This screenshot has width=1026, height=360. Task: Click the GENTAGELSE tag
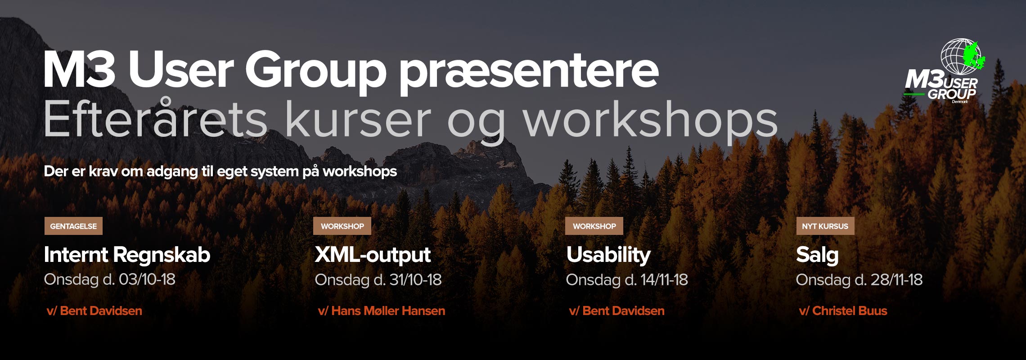pyautogui.click(x=73, y=226)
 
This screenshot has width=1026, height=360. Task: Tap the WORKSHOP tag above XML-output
pyautogui.click(x=342, y=226)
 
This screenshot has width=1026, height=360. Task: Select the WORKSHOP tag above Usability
pyautogui.click(x=594, y=226)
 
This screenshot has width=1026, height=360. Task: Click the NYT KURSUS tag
pyautogui.click(x=825, y=226)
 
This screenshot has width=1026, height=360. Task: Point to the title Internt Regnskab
pyautogui.click(x=127, y=255)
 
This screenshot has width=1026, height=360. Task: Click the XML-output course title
pyautogui.click(x=373, y=255)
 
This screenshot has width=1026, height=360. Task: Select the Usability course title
pyautogui.click(x=608, y=255)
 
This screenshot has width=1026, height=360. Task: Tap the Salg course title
pyautogui.click(x=817, y=255)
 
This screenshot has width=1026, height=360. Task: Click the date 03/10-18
pyautogui.click(x=147, y=279)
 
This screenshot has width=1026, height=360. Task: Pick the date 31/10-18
pyautogui.click(x=416, y=280)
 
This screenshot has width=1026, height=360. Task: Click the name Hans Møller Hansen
pyautogui.click(x=388, y=310)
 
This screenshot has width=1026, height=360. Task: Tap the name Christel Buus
pyautogui.click(x=850, y=310)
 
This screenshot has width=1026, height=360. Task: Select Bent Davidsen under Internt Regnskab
pyautogui.click(x=101, y=310)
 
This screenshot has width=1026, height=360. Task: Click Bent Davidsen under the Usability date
pyautogui.click(x=624, y=310)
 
